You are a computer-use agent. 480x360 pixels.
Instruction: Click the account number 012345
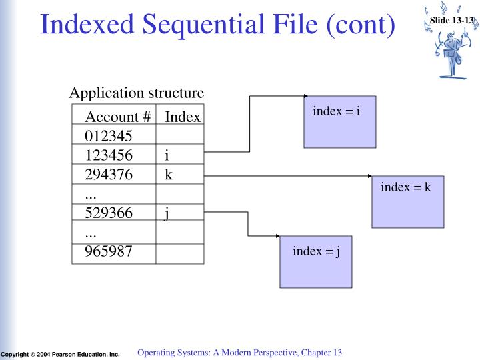[x=109, y=137]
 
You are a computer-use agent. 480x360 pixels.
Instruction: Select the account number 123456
[x=109, y=156]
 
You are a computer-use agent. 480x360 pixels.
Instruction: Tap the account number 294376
[x=109, y=175]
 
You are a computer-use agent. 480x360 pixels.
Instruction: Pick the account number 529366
[x=109, y=213]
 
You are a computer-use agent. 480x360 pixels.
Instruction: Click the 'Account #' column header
[x=118, y=117]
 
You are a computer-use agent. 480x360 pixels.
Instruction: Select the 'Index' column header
[x=183, y=117]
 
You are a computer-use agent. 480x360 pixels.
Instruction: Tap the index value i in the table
[x=167, y=156]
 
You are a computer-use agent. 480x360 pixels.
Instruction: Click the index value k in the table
[x=168, y=175]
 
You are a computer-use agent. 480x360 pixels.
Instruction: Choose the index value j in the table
[x=167, y=213]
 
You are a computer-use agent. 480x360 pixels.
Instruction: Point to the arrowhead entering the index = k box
[x=370, y=176]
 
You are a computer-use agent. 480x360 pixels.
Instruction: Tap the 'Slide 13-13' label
[x=453, y=21]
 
